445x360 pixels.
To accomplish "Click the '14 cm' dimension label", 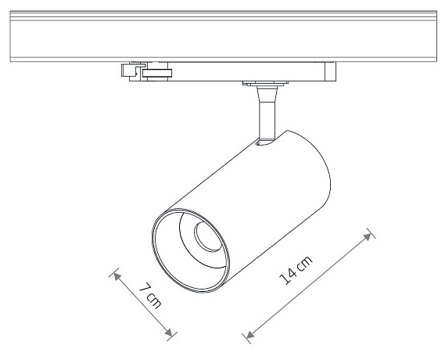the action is pos(296,270).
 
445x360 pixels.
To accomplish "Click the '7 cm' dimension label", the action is pos(150,296).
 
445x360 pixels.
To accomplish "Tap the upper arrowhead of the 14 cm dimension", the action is pos(368,236).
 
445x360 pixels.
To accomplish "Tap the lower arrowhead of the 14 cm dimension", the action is pos(249,334).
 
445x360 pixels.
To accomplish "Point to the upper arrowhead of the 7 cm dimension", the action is pos(117,276).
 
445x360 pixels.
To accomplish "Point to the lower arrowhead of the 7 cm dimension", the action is pos(169,333).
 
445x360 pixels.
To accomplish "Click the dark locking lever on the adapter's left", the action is pos(157,73).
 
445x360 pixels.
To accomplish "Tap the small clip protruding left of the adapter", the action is pos(129,70).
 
